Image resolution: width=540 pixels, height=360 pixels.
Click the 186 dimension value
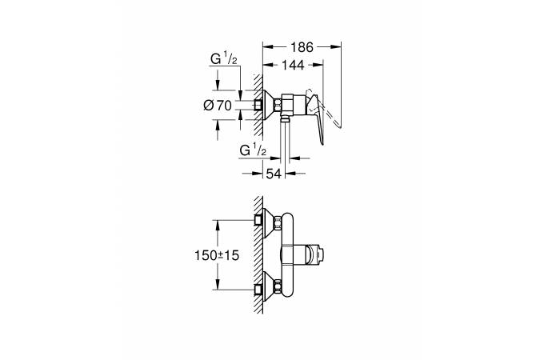(x=302, y=47)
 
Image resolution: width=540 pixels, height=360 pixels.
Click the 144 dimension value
(x=293, y=65)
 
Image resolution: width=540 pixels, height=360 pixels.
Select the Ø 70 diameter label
(x=218, y=105)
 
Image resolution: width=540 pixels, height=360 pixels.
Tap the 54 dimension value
(x=274, y=174)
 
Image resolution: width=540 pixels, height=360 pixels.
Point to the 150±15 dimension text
(x=217, y=255)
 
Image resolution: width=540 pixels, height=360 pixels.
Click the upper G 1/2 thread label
(x=224, y=58)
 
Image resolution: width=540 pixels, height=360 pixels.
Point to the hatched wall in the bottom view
(x=258, y=255)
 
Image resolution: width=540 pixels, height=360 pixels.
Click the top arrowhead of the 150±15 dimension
(x=218, y=226)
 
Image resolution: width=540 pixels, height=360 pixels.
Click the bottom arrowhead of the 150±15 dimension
(x=218, y=284)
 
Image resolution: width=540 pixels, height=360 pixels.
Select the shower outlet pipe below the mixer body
(x=285, y=145)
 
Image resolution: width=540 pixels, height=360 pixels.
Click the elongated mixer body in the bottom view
(x=287, y=255)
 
